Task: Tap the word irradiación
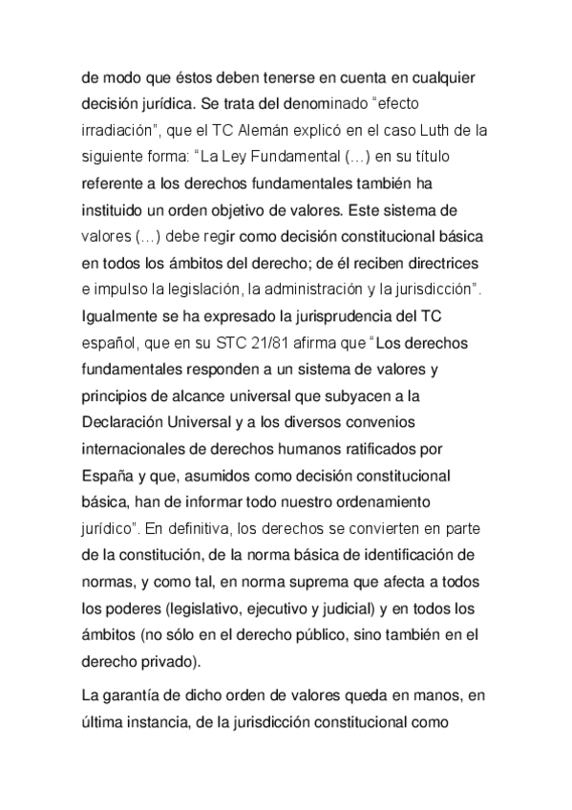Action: tap(118, 129)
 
